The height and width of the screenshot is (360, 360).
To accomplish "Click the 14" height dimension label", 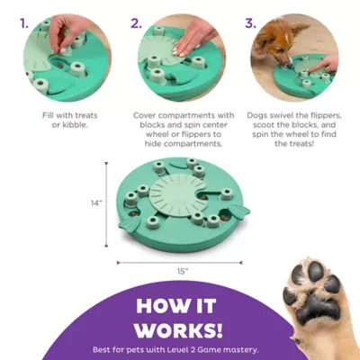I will (x=96, y=203).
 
